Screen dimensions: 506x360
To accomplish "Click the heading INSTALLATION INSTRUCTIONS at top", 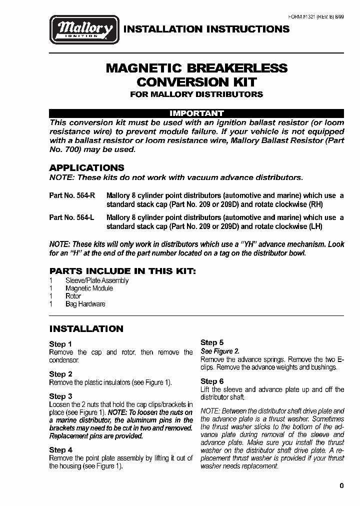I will point(206,29).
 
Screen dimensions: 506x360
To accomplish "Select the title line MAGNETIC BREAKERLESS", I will point(196,68).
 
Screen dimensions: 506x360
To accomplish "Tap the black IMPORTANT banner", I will point(196,113).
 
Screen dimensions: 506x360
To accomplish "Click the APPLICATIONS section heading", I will point(86,168).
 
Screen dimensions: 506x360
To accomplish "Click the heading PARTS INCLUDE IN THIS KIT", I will point(122,270).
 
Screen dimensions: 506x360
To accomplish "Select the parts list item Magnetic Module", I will point(89,288).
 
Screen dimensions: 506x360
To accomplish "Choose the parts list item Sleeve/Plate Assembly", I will point(97,280).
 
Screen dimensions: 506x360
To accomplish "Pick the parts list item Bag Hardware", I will point(85,304).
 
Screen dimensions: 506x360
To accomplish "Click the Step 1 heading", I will point(60,344).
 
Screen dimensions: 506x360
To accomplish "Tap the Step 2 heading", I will point(60,374).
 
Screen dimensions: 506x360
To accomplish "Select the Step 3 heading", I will point(60,396).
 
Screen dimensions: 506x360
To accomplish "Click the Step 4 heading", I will point(60,450).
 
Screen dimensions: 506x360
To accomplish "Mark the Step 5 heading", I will point(212,342).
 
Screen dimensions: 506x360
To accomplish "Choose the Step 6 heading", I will point(212,381).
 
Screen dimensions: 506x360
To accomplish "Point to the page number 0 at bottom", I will point(341,485).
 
